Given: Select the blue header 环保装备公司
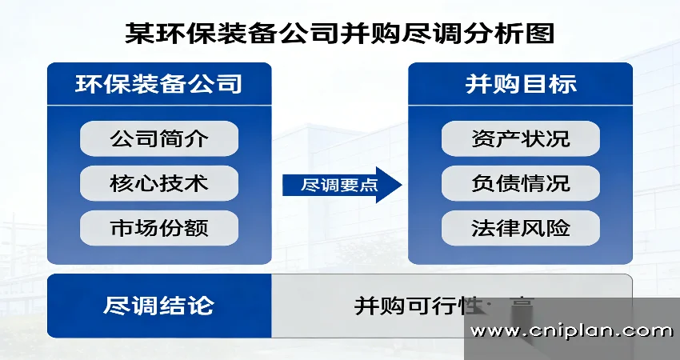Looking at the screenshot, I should (159, 84).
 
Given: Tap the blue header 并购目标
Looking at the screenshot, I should (520, 84).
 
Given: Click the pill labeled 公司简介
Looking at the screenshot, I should (159, 138).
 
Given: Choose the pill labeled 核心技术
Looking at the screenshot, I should (159, 183).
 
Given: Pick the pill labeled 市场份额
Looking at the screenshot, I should (159, 228).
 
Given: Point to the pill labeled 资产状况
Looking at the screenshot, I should (520, 138).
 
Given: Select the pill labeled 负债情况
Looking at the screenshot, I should (520, 183).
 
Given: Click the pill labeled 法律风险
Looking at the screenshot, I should (520, 228).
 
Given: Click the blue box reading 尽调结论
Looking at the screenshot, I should (159, 306).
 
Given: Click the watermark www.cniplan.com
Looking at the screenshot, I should (571, 330).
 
